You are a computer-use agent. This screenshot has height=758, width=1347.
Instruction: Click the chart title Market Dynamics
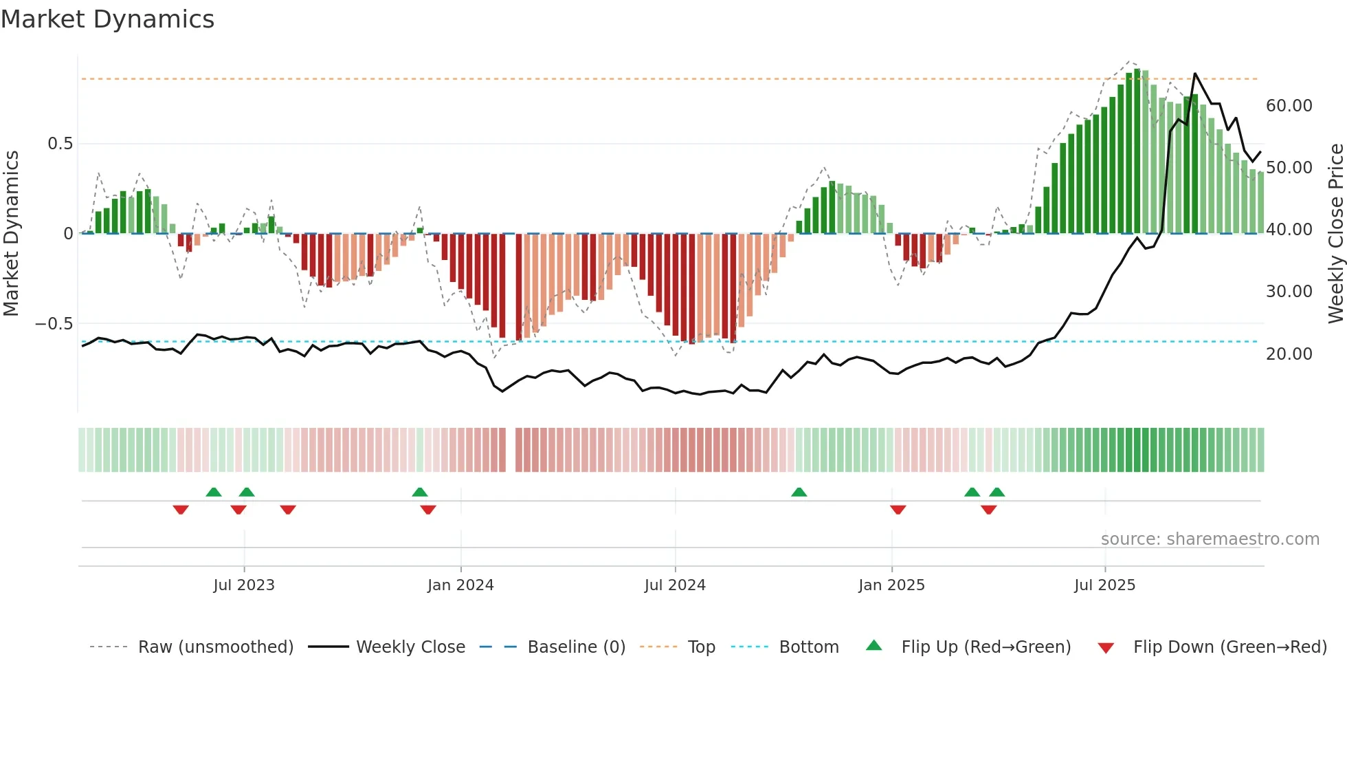pos(107,19)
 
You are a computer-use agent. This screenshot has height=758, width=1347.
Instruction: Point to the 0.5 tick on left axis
pos(60,144)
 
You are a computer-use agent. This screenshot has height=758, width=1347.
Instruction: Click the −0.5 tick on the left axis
pos(54,324)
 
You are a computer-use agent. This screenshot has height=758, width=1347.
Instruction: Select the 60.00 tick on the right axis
pos(1289,106)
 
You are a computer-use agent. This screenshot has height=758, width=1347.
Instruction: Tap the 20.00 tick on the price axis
pos(1289,354)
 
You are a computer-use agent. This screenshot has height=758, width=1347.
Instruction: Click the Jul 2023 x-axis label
pos(243,585)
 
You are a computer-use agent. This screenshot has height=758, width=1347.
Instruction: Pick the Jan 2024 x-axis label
pos(460,585)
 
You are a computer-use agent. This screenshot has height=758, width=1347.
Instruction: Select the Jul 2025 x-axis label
pos(1104,585)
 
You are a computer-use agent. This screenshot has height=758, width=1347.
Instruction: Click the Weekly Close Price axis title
pos(1335,233)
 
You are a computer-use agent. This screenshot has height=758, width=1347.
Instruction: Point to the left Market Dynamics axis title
pos(11,233)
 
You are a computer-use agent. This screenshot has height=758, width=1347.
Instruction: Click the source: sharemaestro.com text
pos(1210,539)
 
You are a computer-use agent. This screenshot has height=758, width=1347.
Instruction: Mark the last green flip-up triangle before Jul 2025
pos(997,492)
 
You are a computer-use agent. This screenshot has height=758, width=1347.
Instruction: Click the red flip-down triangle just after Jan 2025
pos(898,510)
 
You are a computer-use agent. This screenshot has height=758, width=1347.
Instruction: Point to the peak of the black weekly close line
pos(1195,74)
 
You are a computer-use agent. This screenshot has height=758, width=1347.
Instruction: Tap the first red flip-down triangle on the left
pos(181,510)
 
